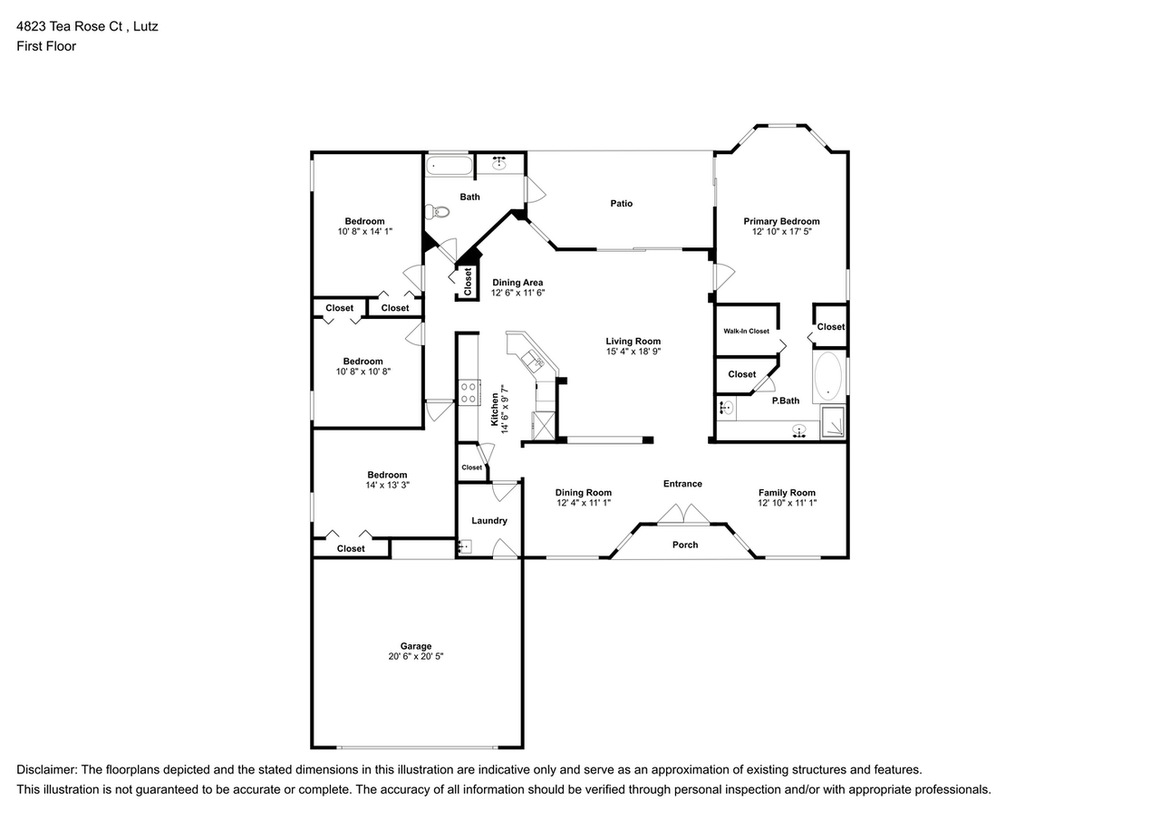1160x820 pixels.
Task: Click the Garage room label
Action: [x=416, y=646]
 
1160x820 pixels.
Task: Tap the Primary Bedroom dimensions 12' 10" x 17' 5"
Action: [x=781, y=232]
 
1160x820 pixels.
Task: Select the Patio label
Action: [x=621, y=204]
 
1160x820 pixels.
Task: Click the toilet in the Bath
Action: [x=438, y=212]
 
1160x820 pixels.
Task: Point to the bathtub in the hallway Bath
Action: [x=449, y=166]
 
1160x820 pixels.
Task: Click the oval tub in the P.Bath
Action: [x=826, y=377]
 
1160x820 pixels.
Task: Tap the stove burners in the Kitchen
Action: [x=469, y=393]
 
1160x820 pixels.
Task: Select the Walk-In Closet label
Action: [x=746, y=331]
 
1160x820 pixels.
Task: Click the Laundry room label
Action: [x=489, y=521]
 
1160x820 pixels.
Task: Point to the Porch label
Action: [x=685, y=545]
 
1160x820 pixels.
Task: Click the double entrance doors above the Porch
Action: [x=683, y=515]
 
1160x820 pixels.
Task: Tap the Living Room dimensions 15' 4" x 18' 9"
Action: [x=633, y=352]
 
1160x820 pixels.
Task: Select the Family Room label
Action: [x=787, y=493]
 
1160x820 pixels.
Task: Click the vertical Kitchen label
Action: [x=494, y=409]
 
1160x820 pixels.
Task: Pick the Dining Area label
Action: [x=517, y=283]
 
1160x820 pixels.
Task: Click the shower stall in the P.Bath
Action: [x=833, y=422]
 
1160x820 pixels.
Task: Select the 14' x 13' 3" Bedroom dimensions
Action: [x=387, y=485]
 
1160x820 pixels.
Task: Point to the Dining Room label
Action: [x=583, y=493]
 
